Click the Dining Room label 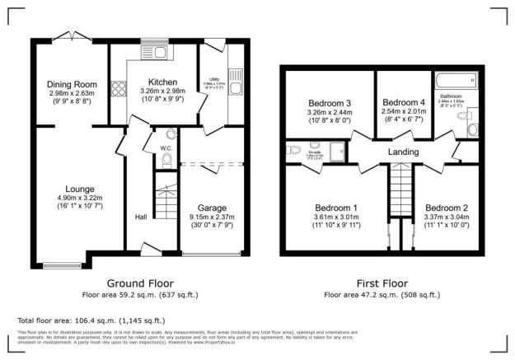(x=73, y=84)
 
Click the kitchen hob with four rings (x=117, y=84)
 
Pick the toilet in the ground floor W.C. (x=167, y=159)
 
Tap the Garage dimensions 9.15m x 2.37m (x=213, y=217)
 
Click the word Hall (x=141, y=217)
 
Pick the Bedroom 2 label (x=447, y=208)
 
